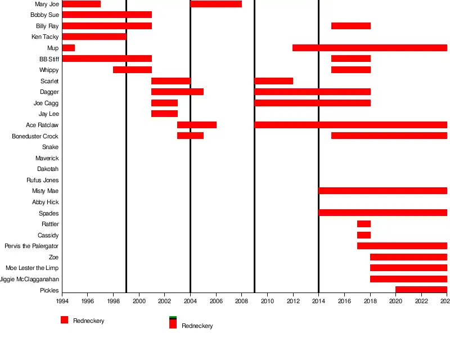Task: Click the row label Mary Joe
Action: pyautogui.click(x=47, y=4)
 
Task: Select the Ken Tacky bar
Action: pyautogui.click(x=94, y=37)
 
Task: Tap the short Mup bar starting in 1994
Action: pyautogui.click(x=68, y=48)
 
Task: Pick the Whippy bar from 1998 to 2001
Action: pyautogui.click(x=132, y=70)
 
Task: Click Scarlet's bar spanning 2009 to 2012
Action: pyautogui.click(x=273, y=81)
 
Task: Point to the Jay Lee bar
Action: pyautogui.click(x=164, y=114)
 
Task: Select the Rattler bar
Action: pyautogui.click(x=363, y=224)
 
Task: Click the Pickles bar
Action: pyautogui.click(x=421, y=290)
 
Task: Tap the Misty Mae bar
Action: pyautogui.click(x=382, y=191)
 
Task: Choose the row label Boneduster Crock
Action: pyautogui.click(x=35, y=136)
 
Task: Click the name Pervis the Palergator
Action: pyautogui.click(x=31, y=246)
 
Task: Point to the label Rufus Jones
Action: pyautogui.click(x=42, y=180)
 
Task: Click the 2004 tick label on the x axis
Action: pyautogui.click(x=190, y=301)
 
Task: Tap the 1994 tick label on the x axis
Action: pyautogui.click(x=62, y=301)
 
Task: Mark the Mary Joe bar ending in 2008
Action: pyautogui.click(x=216, y=4)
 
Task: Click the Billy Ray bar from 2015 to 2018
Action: pyautogui.click(x=350, y=26)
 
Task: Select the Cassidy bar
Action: pyautogui.click(x=363, y=235)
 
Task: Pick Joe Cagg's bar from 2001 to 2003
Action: pyautogui.click(x=164, y=103)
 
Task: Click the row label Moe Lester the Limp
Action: pyautogui.click(x=32, y=268)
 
